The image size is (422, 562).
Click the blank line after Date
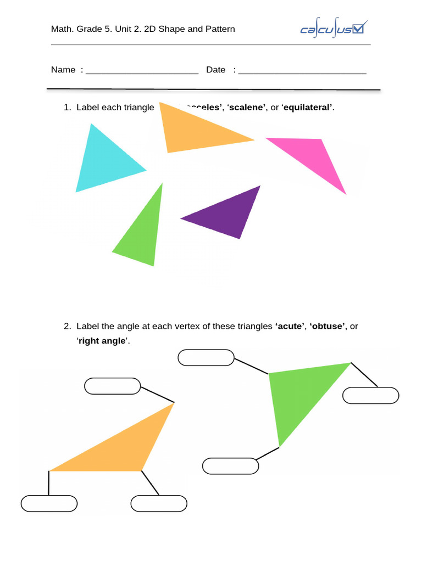(x=302, y=70)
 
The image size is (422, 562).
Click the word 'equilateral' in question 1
(x=308, y=107)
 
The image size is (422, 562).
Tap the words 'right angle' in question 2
(x=102, y=341)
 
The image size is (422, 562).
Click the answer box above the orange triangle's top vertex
(x=113, y=386)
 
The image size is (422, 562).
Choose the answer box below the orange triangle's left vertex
(x=49, y=503)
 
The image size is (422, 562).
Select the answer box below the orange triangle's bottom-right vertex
(x=159, y=503)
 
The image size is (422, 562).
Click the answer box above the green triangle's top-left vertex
(x=206, y=357)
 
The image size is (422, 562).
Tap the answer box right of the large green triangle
(x=371, y=395)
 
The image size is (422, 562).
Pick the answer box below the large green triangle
(x=230, y=466)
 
